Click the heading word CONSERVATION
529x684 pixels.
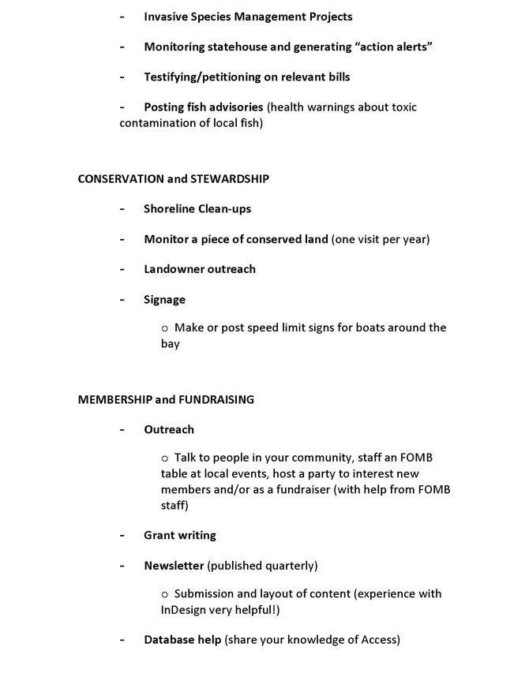pos(121,179)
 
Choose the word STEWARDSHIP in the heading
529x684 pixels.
pos(230,179)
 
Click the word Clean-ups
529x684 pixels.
pos(224,209)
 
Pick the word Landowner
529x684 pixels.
pos(173,269)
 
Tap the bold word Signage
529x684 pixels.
pos(164,299)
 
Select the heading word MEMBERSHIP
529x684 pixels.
pos(115,399)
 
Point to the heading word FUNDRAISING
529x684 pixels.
pos(216,399)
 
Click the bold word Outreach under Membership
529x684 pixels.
pos(169,429)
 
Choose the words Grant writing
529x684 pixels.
pos(179,535)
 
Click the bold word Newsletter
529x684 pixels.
pos(174,566)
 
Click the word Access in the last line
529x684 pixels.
pos(378,640)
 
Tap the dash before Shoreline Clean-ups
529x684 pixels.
pos(122,209)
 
